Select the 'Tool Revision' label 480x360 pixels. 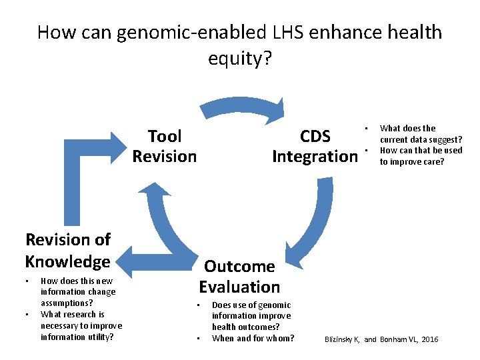(x=164, y=147)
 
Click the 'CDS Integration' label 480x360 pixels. (x=315, y=147)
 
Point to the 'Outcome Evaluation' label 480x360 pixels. (x=239, y=277)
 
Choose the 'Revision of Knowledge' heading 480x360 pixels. (x=67, y=250)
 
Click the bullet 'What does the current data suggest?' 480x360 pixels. (x=421, y=133)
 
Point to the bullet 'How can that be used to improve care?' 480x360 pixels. (x=421, y=155)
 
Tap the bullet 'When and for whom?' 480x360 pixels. (x=253, y=338)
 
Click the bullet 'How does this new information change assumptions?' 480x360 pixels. (x=78, y=291)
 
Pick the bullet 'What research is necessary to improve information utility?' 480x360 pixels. (x=81, y=325)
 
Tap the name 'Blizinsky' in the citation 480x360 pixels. (x=339, y=340)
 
